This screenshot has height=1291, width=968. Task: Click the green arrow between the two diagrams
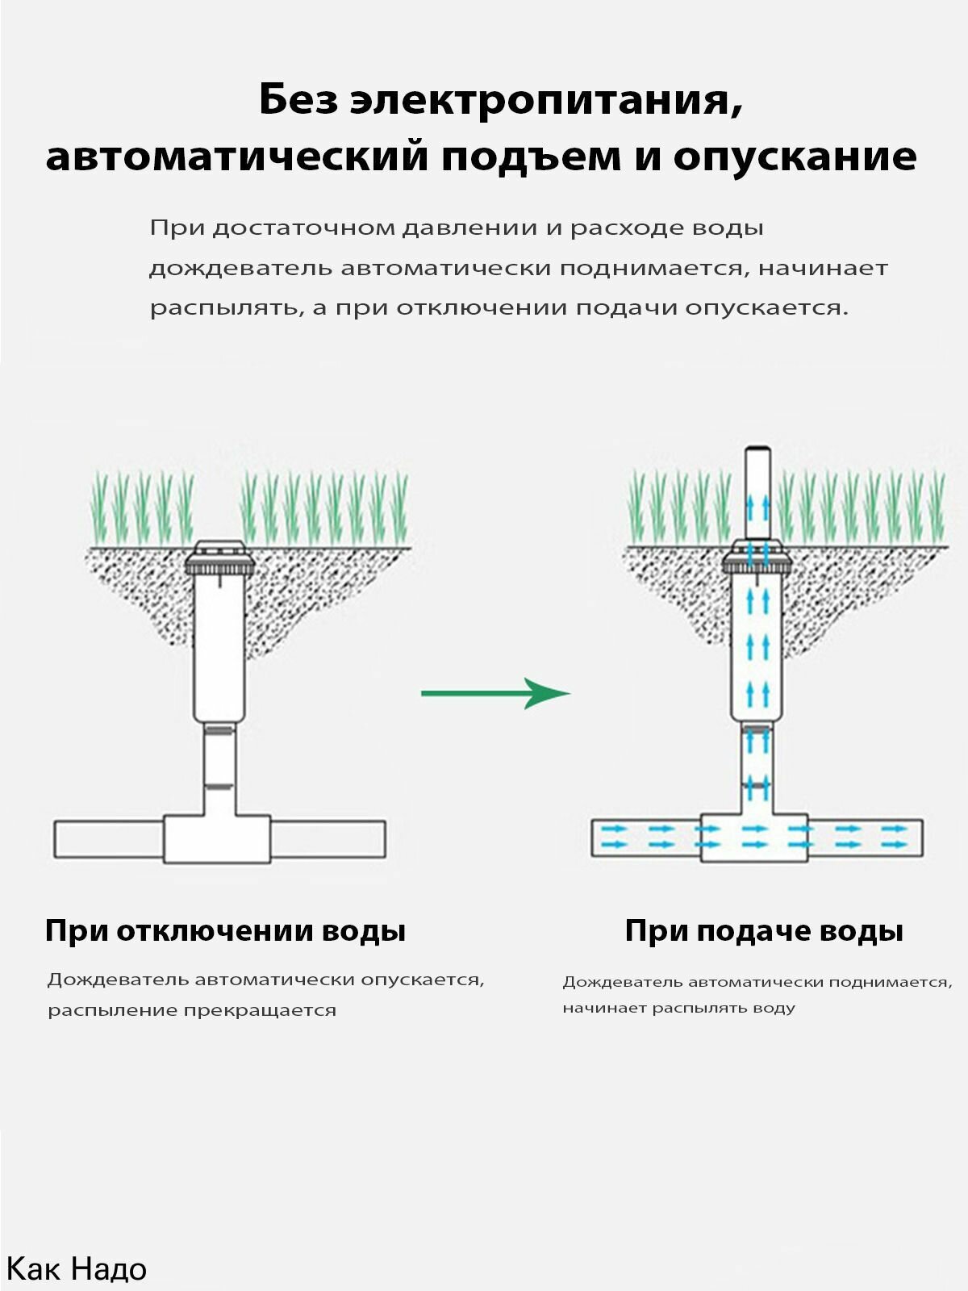pos(495,693)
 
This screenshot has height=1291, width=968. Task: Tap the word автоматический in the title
pos(237,157)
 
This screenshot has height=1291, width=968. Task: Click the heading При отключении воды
pos(226,931)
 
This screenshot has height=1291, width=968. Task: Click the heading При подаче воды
pos(764,931)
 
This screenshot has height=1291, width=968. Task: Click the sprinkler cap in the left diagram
pos(219,557)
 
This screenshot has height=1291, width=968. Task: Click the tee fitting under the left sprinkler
pos(218,838)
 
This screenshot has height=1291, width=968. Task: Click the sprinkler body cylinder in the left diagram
pos(219,650)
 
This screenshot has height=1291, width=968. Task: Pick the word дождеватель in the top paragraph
pos(240,269)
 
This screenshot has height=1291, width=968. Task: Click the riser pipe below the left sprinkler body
pos(219,770)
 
